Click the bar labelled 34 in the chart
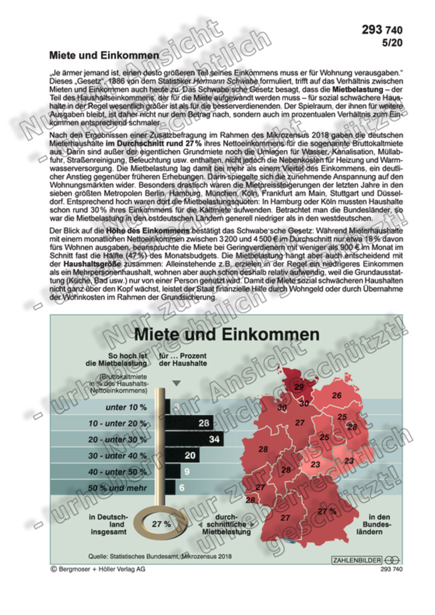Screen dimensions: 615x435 point(195,439)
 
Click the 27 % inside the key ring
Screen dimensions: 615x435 point(161,524)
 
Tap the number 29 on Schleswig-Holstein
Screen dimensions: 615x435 point(299,387)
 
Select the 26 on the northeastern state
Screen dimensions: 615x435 point(336,396)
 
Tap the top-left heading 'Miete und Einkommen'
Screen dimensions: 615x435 point(104,56)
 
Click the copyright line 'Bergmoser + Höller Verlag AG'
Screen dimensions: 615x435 point(98,569)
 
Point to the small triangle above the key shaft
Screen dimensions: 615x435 point(177,383)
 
